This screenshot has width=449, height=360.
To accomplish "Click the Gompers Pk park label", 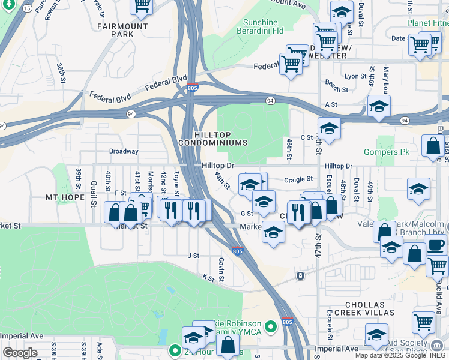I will tap(387, 152).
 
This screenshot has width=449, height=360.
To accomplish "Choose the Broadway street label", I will tap(123, 152).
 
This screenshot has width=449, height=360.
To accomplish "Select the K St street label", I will tap(208, 278).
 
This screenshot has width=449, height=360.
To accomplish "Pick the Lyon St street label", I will tap(355, 76).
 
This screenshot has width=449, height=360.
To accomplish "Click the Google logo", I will tap(20, 353).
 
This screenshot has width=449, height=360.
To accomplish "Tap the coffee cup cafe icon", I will tap(435, 245).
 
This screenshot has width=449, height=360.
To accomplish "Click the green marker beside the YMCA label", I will tap(271, 326).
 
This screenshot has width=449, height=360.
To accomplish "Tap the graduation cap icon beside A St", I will tap(379, 106).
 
